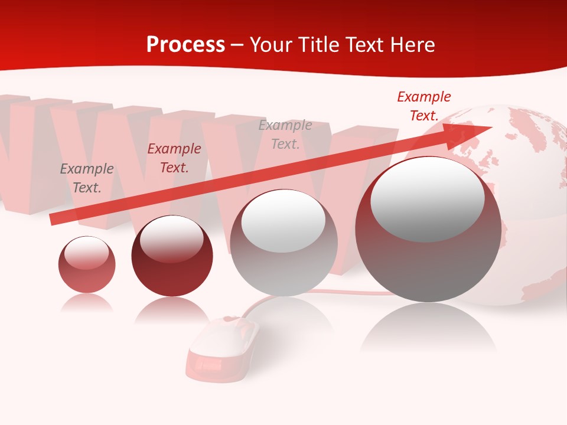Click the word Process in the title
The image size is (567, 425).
coord(185,45)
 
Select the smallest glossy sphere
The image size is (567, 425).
coord(87,264)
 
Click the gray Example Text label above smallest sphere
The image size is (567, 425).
coord(87,178)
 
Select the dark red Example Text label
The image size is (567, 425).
coord(174,158)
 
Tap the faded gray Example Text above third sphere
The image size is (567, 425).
coord(285,134)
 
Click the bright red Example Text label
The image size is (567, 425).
coord(424,106)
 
